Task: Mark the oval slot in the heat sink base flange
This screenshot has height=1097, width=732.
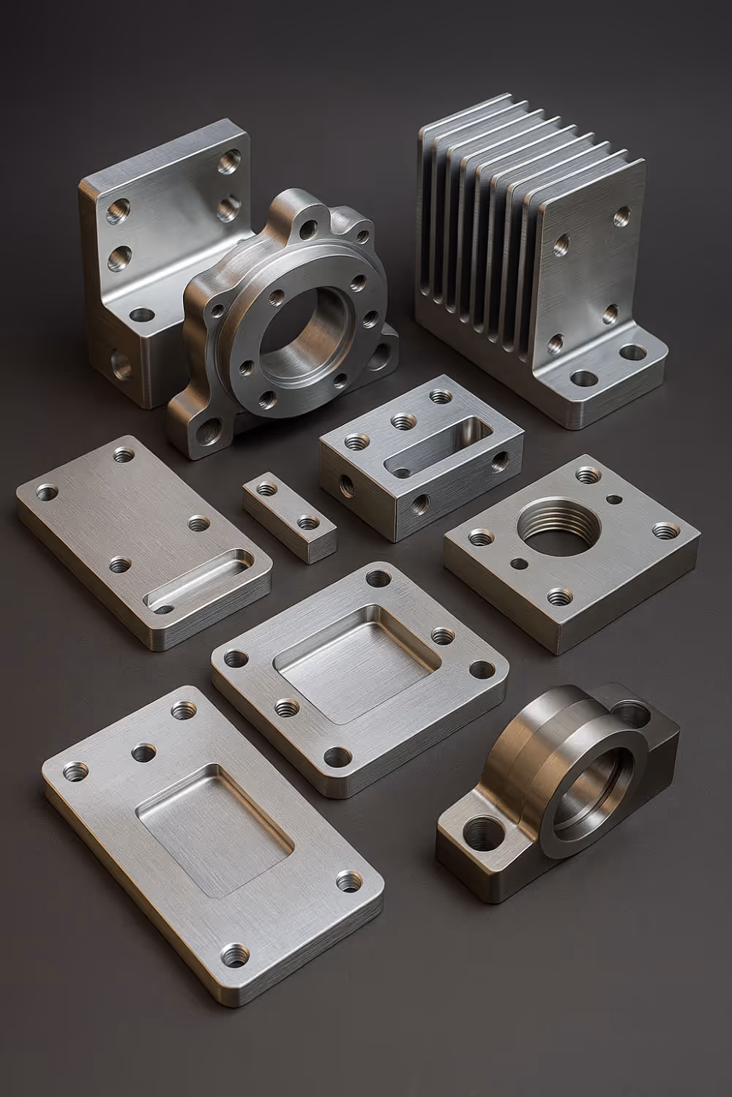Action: pos(631,353)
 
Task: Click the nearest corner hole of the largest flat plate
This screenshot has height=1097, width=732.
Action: pos(235,954)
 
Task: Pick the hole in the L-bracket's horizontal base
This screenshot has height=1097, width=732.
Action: pos(142,316)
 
